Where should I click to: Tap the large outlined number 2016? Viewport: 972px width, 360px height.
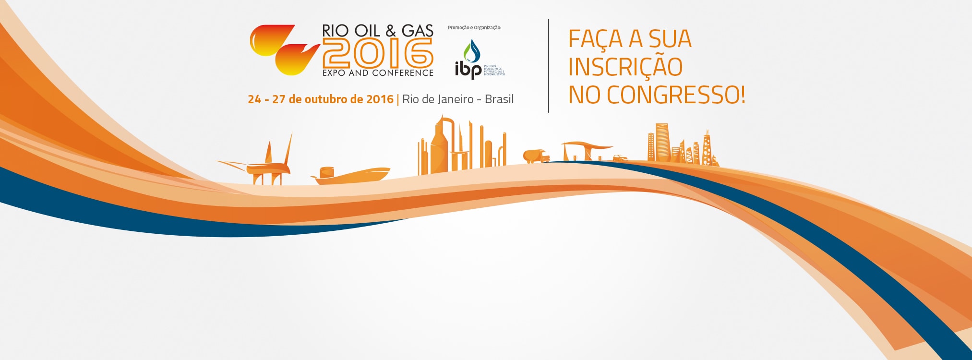click(x=378, y=53)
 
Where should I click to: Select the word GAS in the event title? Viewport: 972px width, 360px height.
click(x=417, y=31)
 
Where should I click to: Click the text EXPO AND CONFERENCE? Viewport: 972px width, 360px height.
click(x=378, y=73)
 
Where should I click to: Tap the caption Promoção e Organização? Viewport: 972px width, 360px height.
click(x=474, y=28)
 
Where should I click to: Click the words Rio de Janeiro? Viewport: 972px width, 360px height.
click(x=438, y=99)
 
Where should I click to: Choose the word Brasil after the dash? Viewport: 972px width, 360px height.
click(x=499, y=99)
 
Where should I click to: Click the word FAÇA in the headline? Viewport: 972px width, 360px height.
click(x=596, y=39)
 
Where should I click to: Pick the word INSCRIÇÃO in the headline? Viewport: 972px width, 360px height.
click(x=625, y=67)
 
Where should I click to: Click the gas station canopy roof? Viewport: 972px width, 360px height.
click(x=587, y=144)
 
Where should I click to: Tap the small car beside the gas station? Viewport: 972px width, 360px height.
click(x=620, y=158)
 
